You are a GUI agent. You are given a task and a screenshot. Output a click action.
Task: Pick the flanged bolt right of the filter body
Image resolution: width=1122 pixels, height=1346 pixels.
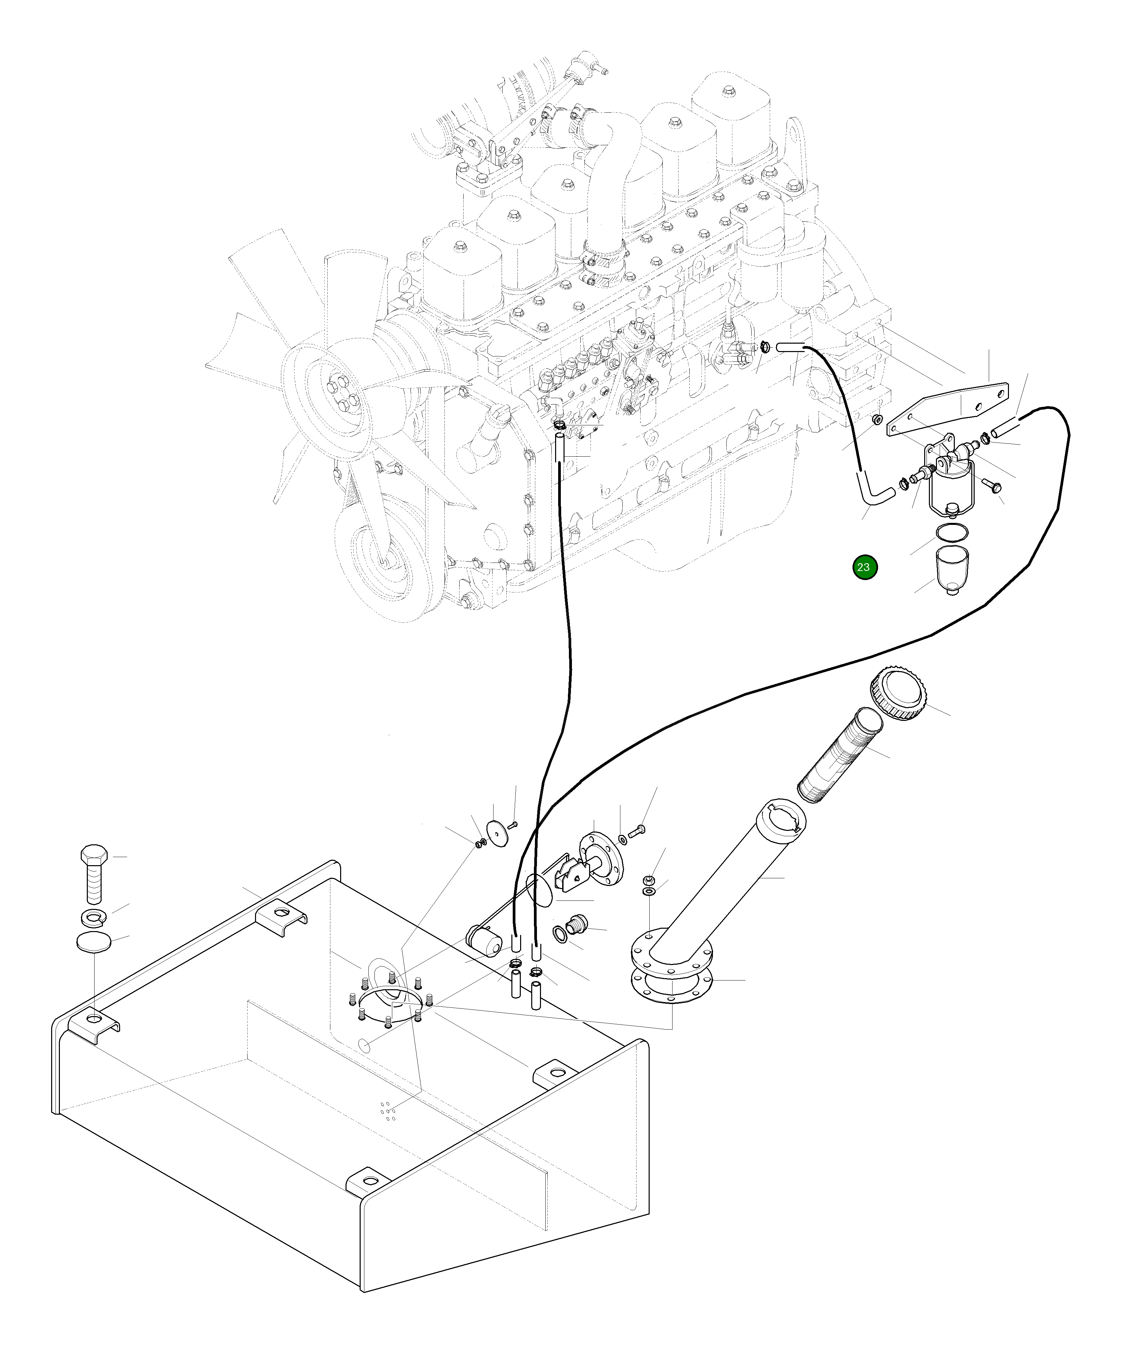991,487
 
